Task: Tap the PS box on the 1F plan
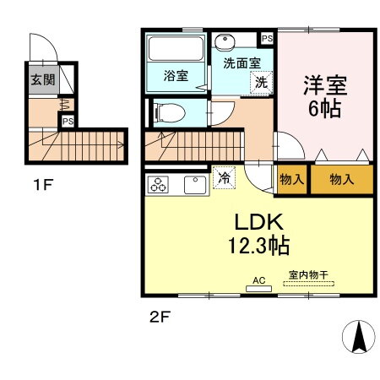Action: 65,121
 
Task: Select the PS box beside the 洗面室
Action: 267,39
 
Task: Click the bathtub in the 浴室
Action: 175,50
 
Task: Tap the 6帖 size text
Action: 324,110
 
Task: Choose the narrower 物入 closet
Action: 292,181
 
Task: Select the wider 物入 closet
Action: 341,181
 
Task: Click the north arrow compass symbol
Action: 358,337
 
